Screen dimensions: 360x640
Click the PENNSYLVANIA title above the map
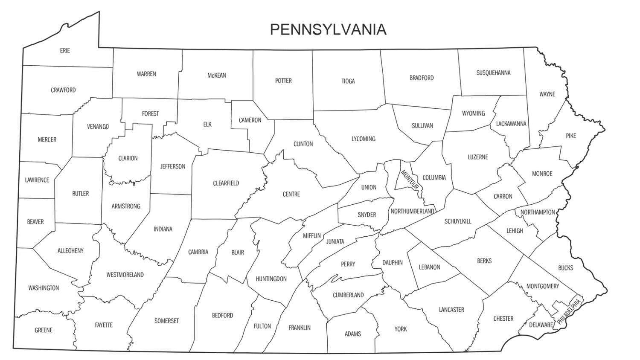[329, 29]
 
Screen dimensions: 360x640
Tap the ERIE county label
[65, 51]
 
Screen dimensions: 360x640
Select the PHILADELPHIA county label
[569, 312]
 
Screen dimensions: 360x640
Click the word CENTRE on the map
[291, 195]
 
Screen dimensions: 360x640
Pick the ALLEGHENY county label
[70, 251]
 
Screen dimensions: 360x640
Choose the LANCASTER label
[451, 310]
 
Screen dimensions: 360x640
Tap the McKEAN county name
[217, 75]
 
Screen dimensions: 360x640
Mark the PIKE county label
[571, 136]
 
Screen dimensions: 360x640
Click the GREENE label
[44, 330]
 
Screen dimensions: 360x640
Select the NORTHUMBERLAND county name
[412, 211]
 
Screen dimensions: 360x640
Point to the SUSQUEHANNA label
[493, 73]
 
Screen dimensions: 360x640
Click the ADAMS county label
[353, 334]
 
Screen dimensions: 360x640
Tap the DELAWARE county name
[541, 325]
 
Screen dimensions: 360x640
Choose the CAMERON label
[250, 120]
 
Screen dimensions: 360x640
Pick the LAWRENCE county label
[37, 180]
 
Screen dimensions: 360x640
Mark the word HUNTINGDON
[271, 279]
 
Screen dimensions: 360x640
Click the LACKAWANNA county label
[511, 124]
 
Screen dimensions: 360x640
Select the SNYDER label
[367, 215]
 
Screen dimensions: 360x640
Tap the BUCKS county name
[566, 268]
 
